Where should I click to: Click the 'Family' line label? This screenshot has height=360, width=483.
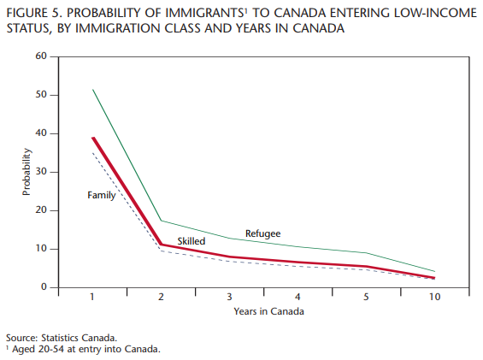102,195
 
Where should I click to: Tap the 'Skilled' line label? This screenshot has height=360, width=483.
191,241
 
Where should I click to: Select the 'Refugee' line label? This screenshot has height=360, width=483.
262,233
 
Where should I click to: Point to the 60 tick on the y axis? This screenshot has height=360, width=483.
41,56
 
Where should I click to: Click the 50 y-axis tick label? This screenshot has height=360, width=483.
41,95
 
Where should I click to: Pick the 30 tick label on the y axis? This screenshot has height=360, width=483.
41,172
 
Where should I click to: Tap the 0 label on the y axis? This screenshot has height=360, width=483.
44,287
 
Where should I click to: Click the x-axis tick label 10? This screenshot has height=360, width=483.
434,297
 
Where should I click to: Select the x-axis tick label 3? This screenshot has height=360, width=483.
229,297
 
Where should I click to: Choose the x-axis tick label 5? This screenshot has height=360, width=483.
366,297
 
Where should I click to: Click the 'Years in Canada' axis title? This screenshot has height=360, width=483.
268,311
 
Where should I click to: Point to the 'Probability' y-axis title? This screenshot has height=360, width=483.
27,172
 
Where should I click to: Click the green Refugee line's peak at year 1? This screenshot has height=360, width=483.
92,90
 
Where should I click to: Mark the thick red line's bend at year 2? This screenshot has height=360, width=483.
161,245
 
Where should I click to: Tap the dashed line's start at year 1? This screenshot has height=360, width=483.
92,153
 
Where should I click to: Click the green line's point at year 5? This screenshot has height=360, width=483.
366,253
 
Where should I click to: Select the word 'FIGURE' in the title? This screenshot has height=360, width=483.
27,13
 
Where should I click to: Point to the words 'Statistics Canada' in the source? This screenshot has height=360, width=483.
79,338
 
